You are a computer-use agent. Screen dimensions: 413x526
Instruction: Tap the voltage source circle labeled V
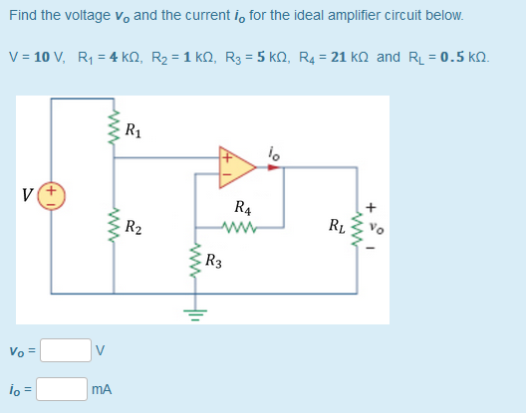pos(52,193)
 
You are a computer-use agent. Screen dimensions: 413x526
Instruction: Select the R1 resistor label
pos(132,127)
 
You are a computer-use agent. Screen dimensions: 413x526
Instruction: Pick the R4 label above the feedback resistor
pos(242,208)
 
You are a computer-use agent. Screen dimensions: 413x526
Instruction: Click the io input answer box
pos(62,389)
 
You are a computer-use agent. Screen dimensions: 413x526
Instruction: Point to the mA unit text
pos(102,390)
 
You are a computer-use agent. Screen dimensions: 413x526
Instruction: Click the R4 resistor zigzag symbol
pos(241,226)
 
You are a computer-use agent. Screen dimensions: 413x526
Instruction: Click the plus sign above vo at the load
pos(371,208)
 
